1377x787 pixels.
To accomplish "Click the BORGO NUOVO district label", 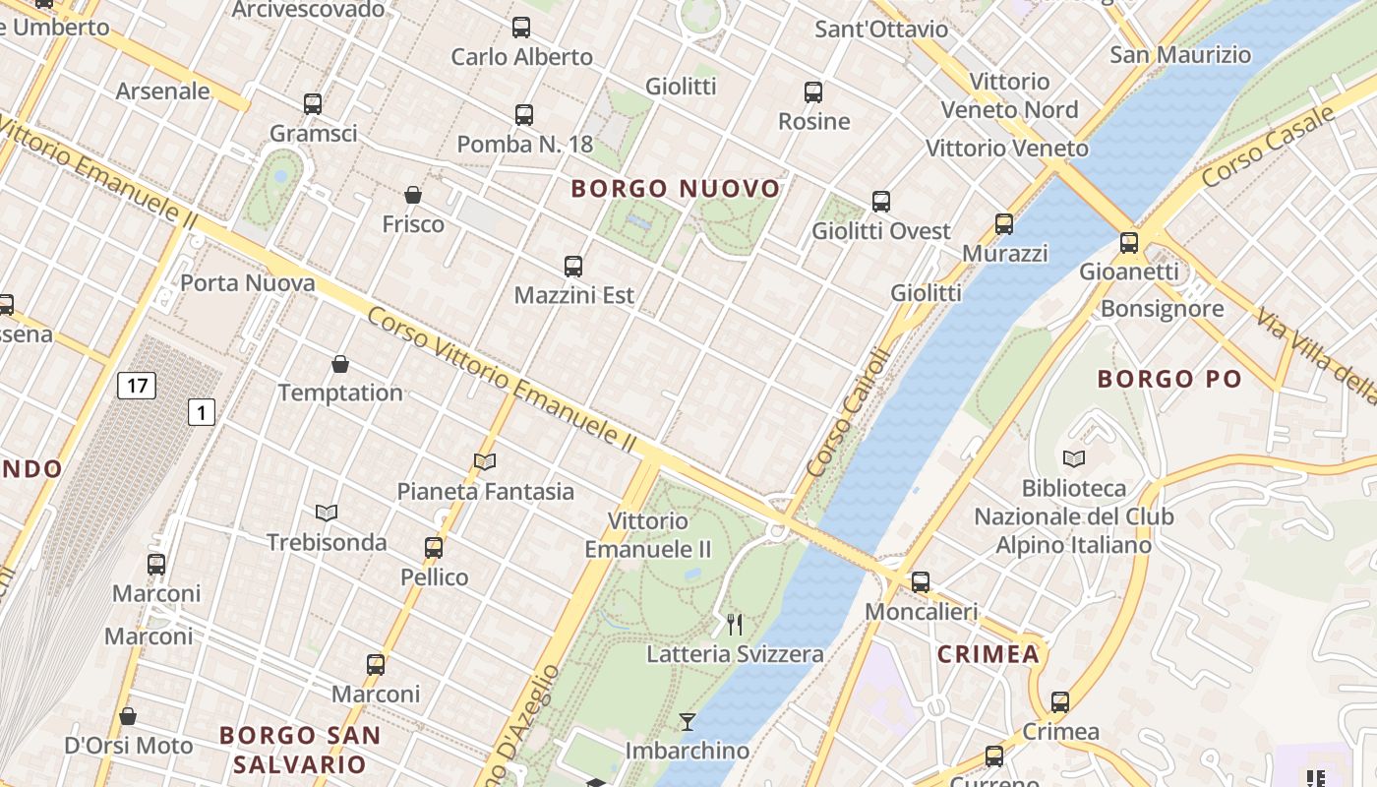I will (x=676, y=188).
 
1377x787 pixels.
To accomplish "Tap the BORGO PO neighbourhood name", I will (x=1169, y=379).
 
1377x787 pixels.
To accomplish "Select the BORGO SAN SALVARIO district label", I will (x=299, y=749).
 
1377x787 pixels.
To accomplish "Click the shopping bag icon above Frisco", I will (x=413, y=195).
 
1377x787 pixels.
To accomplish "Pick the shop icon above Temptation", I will (x=340, y=364).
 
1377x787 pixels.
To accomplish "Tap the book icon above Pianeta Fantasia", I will (x=485, y=461).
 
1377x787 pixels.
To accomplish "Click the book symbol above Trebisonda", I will (x=327, y=513).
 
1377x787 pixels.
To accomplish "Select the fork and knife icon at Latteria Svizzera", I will (x=735, y=624).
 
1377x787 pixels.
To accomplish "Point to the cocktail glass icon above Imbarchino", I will (x=688, y=722).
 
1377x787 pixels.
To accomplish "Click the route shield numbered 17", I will (x=136, y=385).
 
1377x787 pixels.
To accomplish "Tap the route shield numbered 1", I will (x=201, y=412).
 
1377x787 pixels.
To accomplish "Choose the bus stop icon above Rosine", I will (x=813, y=92).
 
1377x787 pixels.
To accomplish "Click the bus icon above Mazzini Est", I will (x=573, y=266).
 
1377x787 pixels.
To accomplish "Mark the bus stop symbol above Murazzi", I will (x=1004, y=223).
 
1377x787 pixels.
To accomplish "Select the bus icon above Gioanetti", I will (x=1129, y=242).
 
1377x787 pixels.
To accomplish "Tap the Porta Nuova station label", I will (x=248, y=283).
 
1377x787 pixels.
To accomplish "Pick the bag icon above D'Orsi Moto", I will (x=128, y=716).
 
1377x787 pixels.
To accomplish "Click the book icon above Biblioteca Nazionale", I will (x=1074, y=458).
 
